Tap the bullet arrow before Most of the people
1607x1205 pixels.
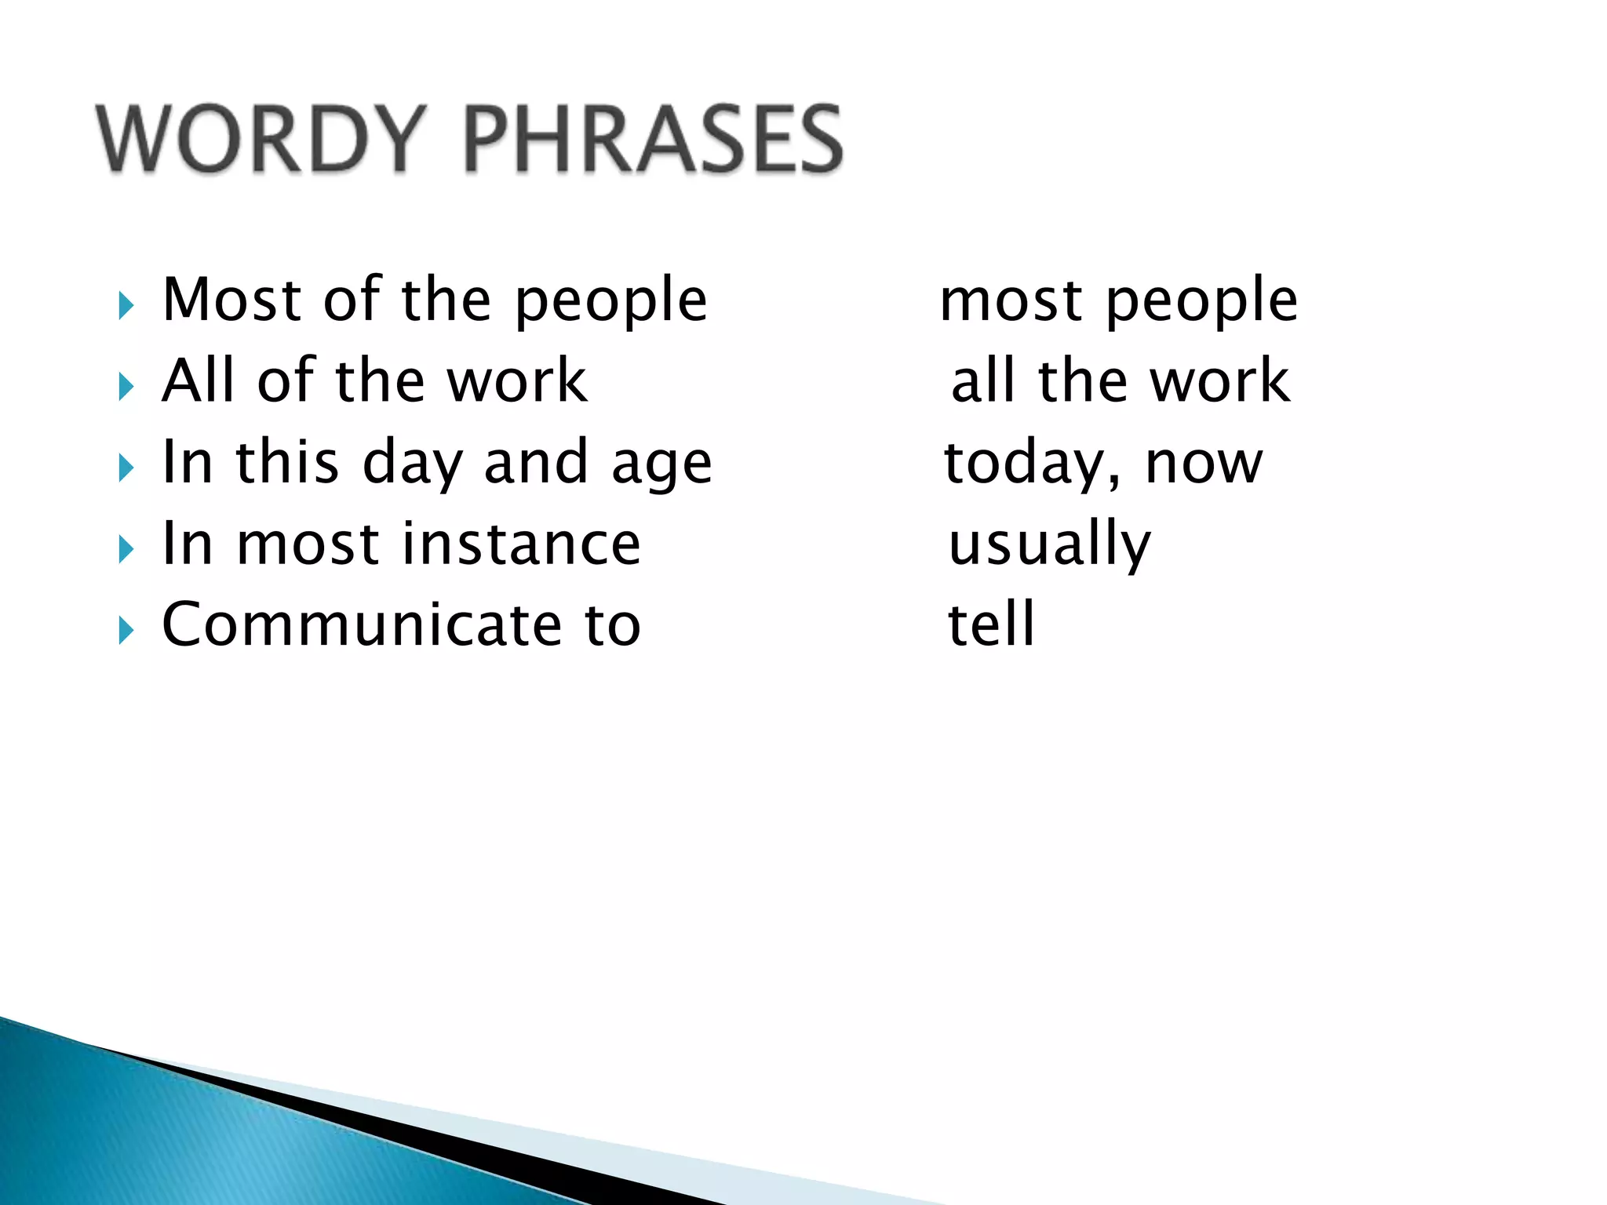[x=126, y=305]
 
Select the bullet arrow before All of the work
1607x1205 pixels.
[x=126, y=387]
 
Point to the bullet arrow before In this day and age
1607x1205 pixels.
[x=126, y=468]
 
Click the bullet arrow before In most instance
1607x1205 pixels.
[x=126, y=549]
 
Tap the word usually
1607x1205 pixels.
[x=1049, y=544]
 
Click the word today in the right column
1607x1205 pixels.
[x=1029, y=463]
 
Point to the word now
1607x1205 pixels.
[x=1204, y=463]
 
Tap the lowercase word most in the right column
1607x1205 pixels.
[x=1011, y=301]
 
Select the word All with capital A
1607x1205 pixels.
[x=199, y=380]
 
